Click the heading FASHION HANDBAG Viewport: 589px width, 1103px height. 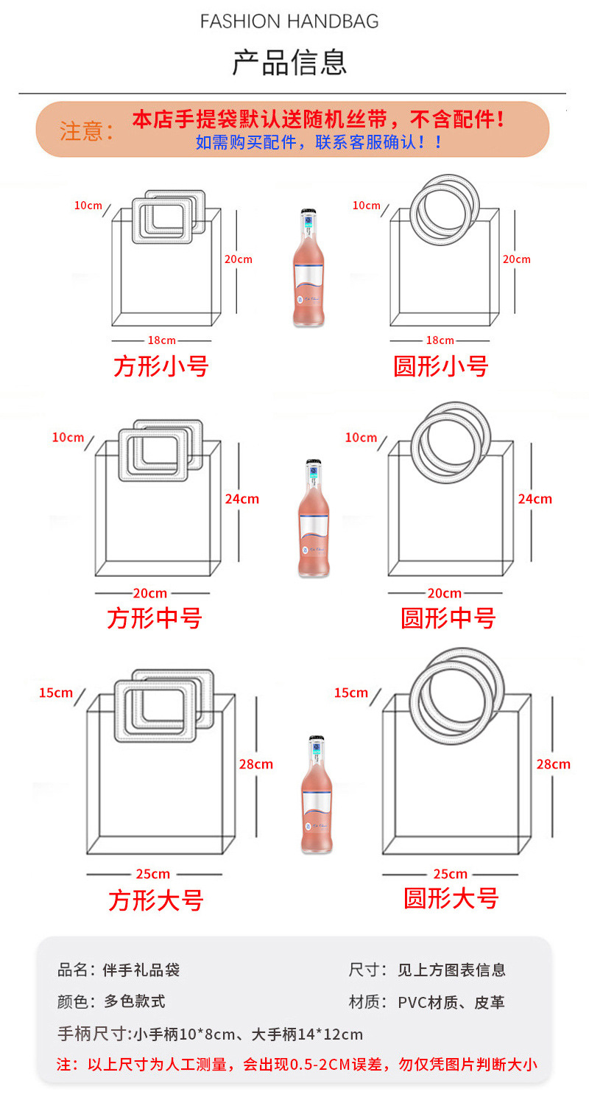289,21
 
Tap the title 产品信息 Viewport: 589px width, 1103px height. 289,63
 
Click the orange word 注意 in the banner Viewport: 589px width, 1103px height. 82,131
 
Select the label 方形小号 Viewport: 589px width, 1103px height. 161,366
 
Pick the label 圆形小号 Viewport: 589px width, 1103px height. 440,366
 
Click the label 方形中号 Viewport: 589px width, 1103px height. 155,617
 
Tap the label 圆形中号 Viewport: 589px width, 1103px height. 448,617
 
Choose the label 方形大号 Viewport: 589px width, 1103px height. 156,900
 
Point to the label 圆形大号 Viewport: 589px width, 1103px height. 451,898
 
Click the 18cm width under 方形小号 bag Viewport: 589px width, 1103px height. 161,340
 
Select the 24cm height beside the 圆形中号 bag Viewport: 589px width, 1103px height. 535,499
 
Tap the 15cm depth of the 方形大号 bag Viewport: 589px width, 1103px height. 56,693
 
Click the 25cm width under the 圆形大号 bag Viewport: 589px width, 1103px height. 450,874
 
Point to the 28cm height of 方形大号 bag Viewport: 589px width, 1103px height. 255,764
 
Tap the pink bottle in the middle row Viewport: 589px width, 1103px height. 314,519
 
